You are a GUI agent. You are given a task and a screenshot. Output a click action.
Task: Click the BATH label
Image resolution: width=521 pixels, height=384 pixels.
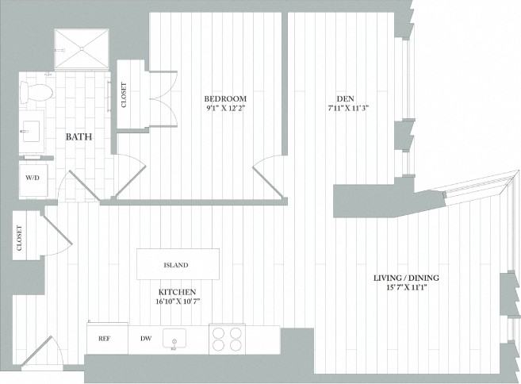click(79, 136)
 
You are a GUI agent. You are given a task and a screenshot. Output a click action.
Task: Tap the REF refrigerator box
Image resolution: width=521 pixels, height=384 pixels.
click(104, 339)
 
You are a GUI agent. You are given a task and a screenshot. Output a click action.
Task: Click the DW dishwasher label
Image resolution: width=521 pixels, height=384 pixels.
click(146, 339)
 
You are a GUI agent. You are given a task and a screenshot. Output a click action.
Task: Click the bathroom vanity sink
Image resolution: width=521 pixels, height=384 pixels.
click(33, 129)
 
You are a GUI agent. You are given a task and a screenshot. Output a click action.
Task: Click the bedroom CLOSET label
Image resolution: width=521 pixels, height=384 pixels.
click(124, 95)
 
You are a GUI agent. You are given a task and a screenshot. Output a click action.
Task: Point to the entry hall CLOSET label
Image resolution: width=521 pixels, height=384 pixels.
click(18, 237)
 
